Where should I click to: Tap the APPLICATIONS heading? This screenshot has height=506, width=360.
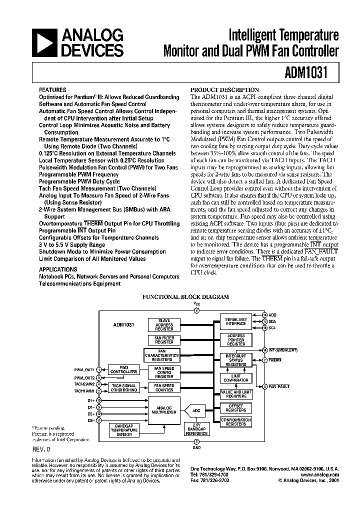[58, 268]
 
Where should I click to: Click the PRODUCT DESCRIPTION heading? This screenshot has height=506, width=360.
[225, 89]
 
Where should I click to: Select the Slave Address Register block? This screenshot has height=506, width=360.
[164, 325]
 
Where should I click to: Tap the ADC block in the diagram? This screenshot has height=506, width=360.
[196, 411]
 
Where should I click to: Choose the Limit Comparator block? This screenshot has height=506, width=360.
[236, 377]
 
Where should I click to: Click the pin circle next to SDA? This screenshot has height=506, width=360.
[265, 321]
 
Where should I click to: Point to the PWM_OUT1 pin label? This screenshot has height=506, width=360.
[84, 369]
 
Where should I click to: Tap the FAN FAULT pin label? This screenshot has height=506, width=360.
[279, 386]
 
